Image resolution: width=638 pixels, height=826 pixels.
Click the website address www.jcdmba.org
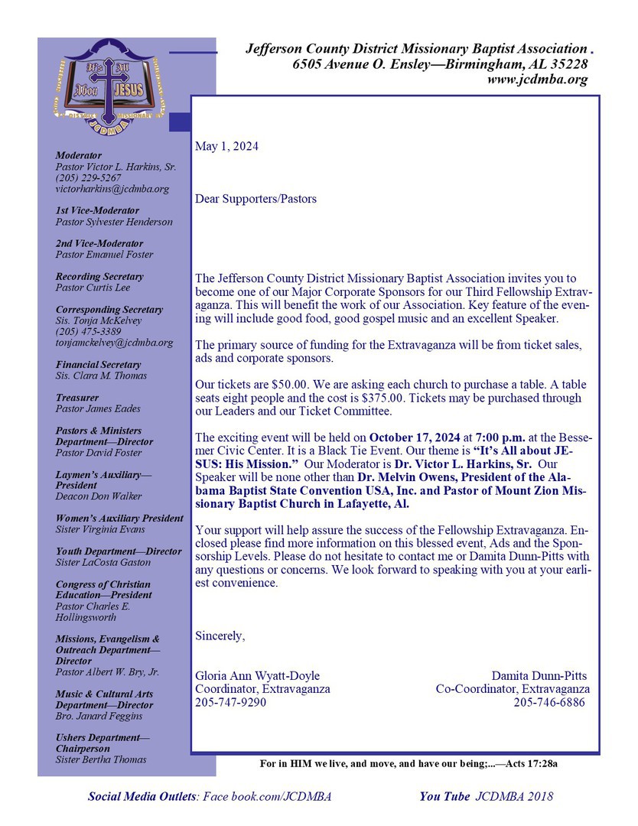[537, 80]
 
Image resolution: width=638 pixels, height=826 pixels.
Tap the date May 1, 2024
[227, 146]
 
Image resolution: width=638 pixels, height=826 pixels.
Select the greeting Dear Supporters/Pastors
[256, 199]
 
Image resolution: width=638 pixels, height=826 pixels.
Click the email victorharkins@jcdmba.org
[112, 189]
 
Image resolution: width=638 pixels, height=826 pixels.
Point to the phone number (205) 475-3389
[88, 332]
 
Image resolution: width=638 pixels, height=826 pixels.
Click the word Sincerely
[220, 636]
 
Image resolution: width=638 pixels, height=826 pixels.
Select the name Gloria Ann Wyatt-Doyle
[258, 676]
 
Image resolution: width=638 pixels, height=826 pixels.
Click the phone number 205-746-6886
[548, 702]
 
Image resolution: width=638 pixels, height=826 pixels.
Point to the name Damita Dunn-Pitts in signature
[539, 676]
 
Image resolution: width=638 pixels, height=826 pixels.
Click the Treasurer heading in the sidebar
[77, 398]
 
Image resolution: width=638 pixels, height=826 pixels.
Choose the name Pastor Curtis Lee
[93, 288]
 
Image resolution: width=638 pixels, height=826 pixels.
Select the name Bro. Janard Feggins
[99, 716]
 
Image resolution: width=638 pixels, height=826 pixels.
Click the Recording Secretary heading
[99, 276]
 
